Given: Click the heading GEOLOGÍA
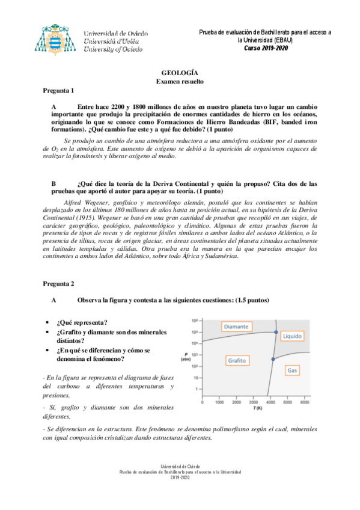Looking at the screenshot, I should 180,72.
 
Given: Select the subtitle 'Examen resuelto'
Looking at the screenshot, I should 180,80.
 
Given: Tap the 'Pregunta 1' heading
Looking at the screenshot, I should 58,91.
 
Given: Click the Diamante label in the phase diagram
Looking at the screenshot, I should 236,327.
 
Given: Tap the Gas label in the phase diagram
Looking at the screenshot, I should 293,370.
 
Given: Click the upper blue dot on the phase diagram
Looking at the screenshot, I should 275,332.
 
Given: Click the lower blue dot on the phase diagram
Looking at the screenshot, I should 272,359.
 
